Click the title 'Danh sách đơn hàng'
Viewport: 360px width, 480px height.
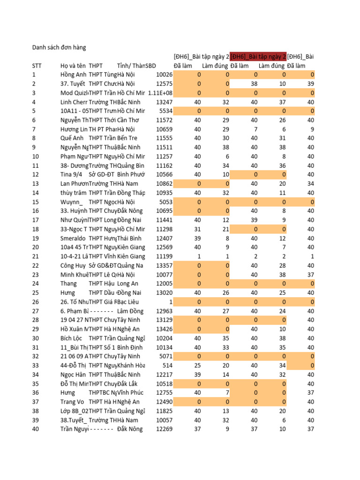[x=59, y=47]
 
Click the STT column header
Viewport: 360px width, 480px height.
[x=37, y=66]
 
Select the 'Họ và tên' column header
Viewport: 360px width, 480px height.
[x=73, y=66]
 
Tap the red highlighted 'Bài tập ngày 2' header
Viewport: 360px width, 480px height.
[x=258, y=57]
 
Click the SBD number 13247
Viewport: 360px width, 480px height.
[x=164, y=102]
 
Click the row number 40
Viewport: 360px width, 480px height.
[x=36, y=429]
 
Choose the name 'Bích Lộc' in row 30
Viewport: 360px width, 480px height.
[x=71, y=338]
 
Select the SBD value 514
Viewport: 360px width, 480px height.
[x=167, y=365]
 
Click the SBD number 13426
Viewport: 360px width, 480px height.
[x=164, y=329]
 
